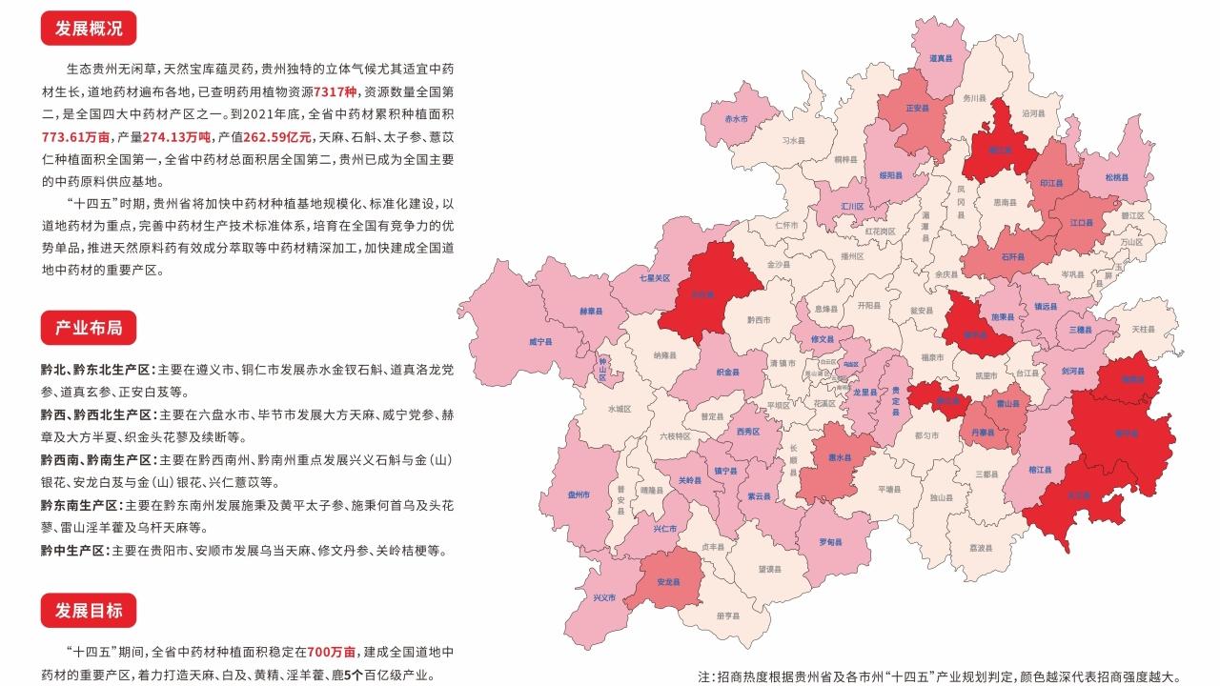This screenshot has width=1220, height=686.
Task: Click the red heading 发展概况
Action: click(89, 28)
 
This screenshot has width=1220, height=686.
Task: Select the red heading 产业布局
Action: click(89, 329)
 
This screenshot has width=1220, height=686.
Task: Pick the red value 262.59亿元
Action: click(276, 135)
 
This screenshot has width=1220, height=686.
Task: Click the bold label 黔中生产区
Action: click(71, 551)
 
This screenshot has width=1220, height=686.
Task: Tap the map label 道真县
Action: click(942, 58)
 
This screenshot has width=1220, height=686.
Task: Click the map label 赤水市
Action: click(736, 119)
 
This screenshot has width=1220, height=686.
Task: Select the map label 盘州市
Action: click(579, 495)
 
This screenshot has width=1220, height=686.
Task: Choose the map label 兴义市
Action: click(604, 597)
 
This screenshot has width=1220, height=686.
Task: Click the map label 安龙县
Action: click(669, 580)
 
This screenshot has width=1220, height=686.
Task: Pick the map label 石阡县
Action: click(1012, 256)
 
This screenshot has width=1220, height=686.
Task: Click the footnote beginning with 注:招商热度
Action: click(939, 676)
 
